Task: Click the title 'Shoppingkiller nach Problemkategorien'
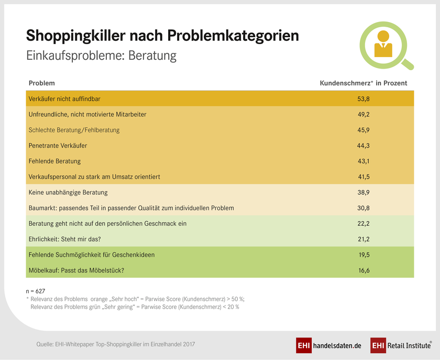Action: tap(162, 36)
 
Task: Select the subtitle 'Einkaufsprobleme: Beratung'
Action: tap(102, 56)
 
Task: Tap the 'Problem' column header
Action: tap(41, 83)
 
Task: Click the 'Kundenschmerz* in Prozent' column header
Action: tap(364, 83)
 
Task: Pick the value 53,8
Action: tap(364, 99)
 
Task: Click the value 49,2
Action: tap(364, 114)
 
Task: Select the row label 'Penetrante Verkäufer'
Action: tap(58, 145)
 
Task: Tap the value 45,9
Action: tap(364, 130)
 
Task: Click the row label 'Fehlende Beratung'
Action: tap(54, 161)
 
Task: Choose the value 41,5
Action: tap(364, 177)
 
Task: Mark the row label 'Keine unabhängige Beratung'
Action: tap(68, 192)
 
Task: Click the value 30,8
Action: tap(364, 208)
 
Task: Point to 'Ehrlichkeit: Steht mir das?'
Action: tap(68, 239)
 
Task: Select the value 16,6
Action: tap(364, 270)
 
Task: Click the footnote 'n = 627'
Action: tap(37, 290)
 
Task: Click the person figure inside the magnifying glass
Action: tap(383, 45)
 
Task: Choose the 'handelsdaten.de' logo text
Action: tap(337, 346)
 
